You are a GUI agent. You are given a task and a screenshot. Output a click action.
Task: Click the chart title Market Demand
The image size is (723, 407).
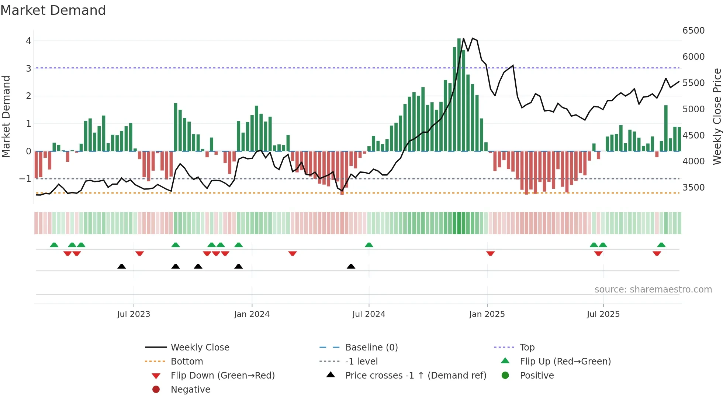pyautogui.click(x=53, y=10)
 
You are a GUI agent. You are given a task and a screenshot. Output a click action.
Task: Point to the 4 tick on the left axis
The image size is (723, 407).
pyautogui.click(x=28, y=41)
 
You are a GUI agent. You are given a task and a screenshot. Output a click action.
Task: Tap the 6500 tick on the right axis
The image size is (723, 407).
pyautogui.click(x=693, y=31)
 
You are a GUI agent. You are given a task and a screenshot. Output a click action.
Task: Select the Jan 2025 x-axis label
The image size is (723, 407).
pyautogui.click(x=487, y=314)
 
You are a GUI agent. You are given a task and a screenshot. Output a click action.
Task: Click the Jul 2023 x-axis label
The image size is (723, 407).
pyautogui.click(x=134, y=314)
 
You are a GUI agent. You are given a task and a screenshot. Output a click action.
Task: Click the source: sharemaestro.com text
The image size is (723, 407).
pyautogui.click(x=653, y=290)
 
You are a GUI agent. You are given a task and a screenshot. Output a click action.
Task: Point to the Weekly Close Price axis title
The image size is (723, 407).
pyautogui.click(x=717, y=116)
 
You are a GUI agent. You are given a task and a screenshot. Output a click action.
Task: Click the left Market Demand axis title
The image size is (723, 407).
pyautogui.click(x=6, y=116)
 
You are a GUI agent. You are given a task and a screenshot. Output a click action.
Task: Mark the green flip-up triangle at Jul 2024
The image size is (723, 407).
pyautogui.click(x=369, y=245)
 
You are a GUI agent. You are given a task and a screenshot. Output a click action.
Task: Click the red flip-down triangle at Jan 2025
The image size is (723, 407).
pyautogui.click(x=490, y=253)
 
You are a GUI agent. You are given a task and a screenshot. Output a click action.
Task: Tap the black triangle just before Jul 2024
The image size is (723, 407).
pyautogui.click(x=351, y=266)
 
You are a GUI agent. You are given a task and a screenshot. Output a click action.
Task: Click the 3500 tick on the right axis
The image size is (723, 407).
pyautogui.click(x=693, y=188)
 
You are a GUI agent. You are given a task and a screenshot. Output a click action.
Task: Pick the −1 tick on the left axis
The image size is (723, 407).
pyautogui.click(x=25, y=179)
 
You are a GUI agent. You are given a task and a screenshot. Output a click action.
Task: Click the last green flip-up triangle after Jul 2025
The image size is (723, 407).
pyautogui.click(x=661, y=245)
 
